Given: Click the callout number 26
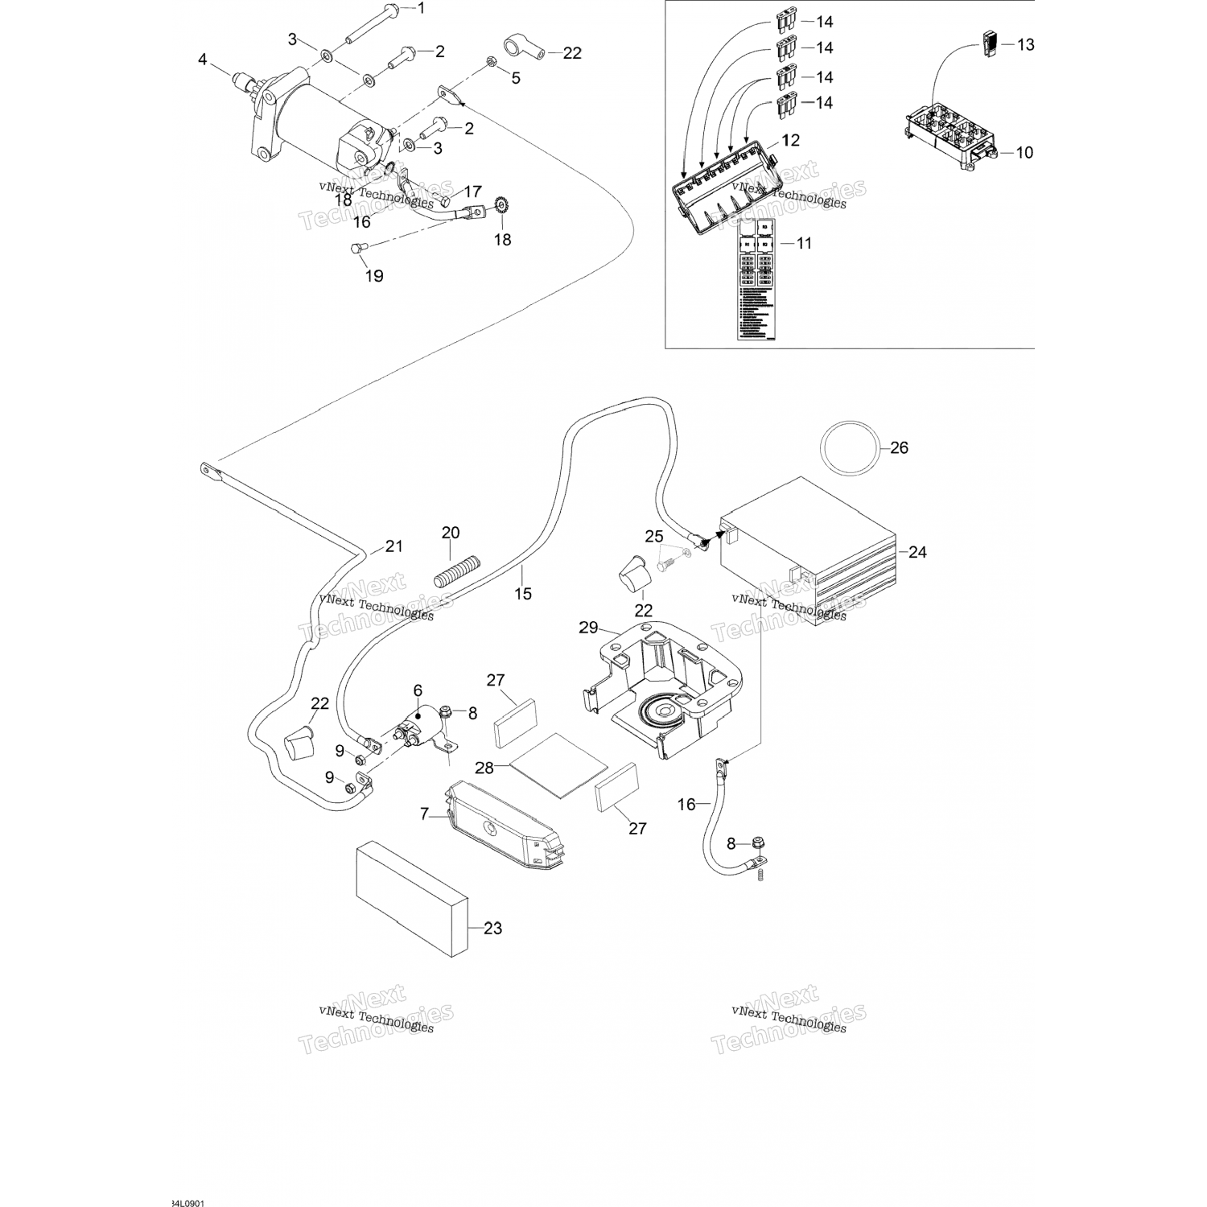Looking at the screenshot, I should pos(899,447).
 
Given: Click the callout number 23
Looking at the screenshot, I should pos(492,928).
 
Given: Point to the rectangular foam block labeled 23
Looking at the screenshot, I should pos(410,899).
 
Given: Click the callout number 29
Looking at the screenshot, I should pos(589,628).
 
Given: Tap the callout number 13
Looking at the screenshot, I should pos(1025,44).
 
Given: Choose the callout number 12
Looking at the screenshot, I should pos(790,140).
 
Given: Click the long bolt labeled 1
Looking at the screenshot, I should pos(373,24).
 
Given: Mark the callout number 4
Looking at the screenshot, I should pos(203,59).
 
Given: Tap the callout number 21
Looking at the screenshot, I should pos(393,546).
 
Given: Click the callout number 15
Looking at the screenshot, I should pos(523,594).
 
